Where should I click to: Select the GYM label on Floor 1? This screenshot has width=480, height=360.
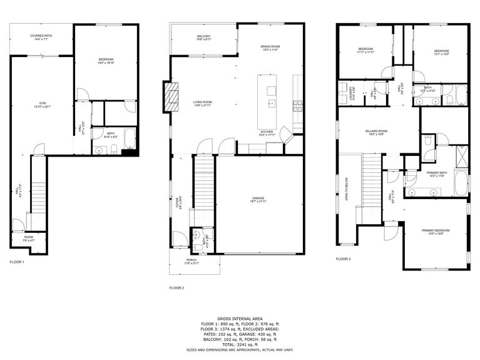(x=42, y=105)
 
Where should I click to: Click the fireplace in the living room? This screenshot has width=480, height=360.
(x=170, y=97)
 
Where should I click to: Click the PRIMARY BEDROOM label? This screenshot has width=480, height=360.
(x=436, y=232)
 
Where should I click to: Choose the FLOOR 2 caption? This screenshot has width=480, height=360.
(x=176, y=288)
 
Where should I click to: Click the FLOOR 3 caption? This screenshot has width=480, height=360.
(x=343, y=259)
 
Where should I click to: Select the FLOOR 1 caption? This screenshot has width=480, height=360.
(x=16, y=262)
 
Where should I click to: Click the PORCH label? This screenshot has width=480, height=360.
(x=191, y=261)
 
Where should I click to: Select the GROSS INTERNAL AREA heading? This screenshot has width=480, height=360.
(x=240, y=319)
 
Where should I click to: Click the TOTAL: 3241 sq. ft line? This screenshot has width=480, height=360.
(x=240, y=344)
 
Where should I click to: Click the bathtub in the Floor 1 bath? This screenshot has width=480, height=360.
(x=130, y=138)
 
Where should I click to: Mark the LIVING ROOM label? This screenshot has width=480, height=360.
(x=202, y=104)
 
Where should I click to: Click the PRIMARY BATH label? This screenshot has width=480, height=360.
(x=436, y=174)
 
